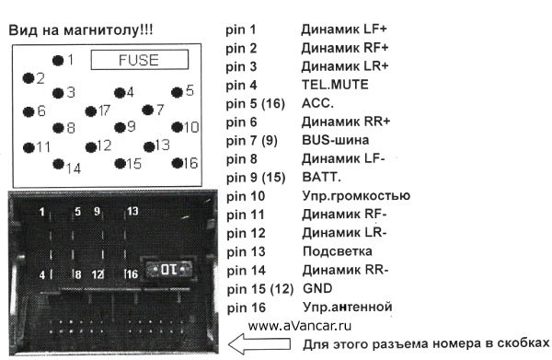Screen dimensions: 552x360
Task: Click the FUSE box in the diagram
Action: [x=140, y=60]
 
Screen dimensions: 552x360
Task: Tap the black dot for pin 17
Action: [x=90, y=111]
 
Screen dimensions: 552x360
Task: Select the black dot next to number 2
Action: [x=28, y=78]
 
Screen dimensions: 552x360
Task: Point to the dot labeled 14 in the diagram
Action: [x=58, y=164]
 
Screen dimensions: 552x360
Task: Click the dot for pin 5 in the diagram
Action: [x=177, y=92]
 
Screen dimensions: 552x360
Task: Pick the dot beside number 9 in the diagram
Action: [x=120, y=127]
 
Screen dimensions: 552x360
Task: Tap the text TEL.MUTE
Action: [x=335, y=85]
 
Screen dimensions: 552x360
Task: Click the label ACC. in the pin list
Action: [x=317, y=103]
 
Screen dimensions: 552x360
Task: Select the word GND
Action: [x=317, y=288]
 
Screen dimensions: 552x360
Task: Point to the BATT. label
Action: [x=321, y=177]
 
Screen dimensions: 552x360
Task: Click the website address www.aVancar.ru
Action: [x=300, y=326]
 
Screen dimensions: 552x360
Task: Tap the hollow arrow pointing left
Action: [x=259, y=343]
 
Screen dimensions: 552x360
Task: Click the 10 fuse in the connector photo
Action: [x=168, y=270]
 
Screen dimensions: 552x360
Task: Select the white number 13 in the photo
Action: [x=132, y=211]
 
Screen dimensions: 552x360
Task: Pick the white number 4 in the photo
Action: [x=42, y=274]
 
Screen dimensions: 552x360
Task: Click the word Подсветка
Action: [x=338, y=251]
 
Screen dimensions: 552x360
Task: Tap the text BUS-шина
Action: [x=336, y=140]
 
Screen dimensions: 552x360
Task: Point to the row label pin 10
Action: [x=246, y=196]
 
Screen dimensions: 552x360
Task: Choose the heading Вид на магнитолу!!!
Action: [x=81, y=30]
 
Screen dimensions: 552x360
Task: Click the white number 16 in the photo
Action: [x=132, y=274]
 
